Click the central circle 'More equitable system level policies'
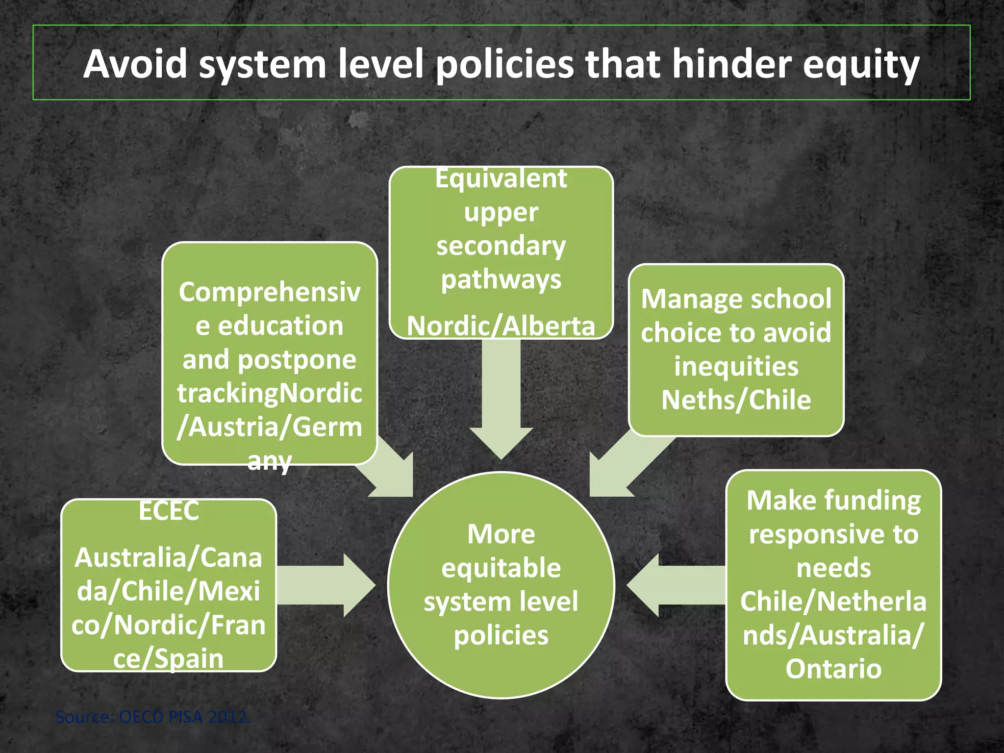[x=501, y=584]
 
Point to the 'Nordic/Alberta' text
[x=501, y=326]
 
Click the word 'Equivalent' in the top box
[x=501, y=178]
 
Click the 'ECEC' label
[x=169, y=511]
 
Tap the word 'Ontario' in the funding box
[x=833, y=669]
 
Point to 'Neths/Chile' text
[x=736, y=400]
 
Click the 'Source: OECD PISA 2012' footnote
[x=153, y=717]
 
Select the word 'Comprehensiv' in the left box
[x=270, y=293]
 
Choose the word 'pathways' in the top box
[x=501, y=280]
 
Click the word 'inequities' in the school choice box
[x=736, y=367]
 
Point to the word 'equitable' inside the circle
[x=501, y=568]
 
